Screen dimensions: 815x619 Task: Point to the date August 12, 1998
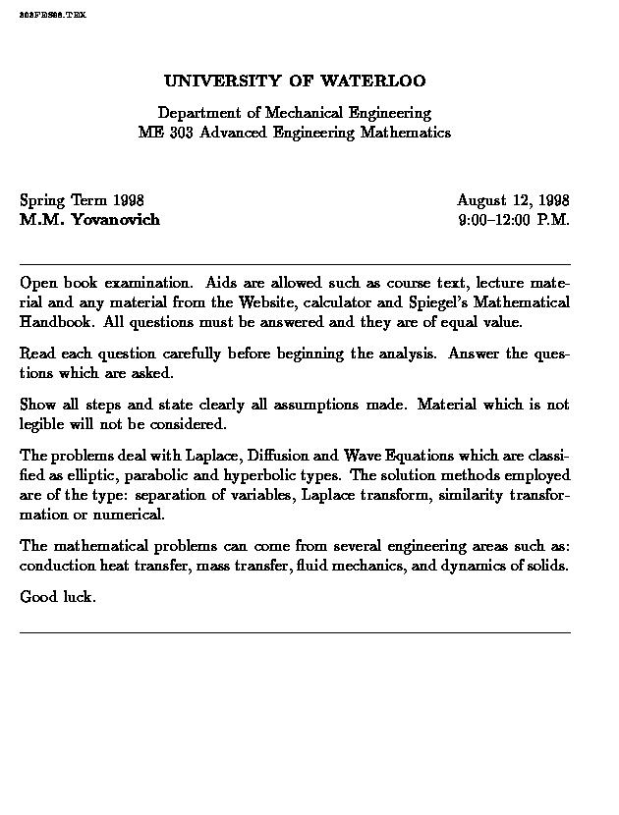(x=513, y=200)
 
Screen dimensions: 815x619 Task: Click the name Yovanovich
(x=115, y=219)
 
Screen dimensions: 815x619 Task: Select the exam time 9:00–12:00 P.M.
(x=514, y=219)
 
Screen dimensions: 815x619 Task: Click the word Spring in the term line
(x=42, y=201)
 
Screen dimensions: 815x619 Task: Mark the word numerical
(x=131, y=515)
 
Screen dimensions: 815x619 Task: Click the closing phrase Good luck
(x=57, y=597)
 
